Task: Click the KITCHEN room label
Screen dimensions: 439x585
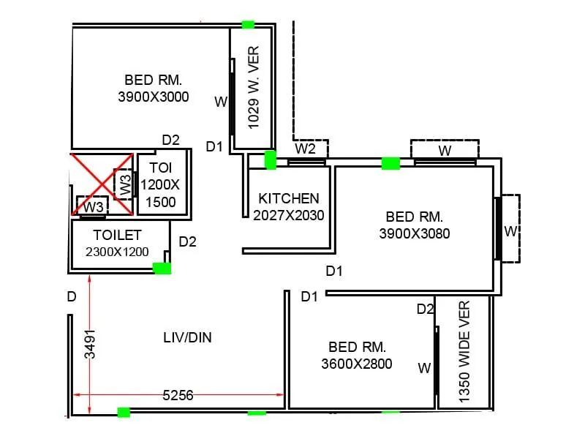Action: pos(289,198)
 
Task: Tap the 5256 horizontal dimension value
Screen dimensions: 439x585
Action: pos(178,395)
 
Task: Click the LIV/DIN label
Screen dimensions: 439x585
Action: pos(187,337)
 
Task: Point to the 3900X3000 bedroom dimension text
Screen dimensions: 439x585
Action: pos(154,97)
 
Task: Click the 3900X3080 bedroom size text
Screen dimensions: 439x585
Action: pos(414,234)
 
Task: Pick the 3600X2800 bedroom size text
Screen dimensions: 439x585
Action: pos(357,364)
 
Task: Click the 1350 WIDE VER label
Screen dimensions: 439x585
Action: pos(464,351)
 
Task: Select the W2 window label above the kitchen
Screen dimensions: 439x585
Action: pos(305,149)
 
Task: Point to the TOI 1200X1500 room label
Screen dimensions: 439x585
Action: pos(158,185)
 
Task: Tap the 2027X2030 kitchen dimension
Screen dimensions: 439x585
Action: pos(289,215)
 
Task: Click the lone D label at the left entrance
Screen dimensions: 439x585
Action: pos(71,296)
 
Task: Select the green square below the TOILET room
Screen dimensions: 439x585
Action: pos(162,269)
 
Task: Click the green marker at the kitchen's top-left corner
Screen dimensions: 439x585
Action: pos(270,160)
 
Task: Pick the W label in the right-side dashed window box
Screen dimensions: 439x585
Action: pos(510,231)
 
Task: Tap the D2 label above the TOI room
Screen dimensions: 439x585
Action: pos(170,140)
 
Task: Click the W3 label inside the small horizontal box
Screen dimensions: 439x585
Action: pos(93,208)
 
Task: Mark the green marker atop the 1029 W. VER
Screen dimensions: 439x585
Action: pos(248,25)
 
